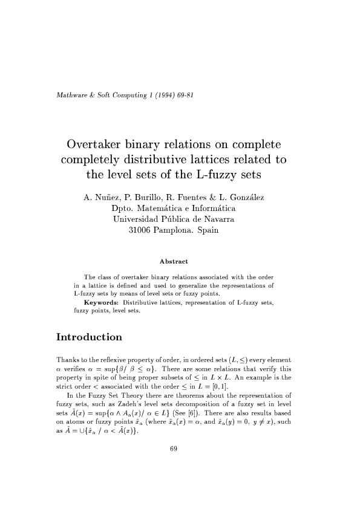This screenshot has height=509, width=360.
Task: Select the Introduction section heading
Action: click(x=89, y=337)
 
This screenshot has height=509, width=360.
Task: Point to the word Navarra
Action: click(x=217, y=219)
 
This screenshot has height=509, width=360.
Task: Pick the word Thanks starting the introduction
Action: click(x=66, y=360)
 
